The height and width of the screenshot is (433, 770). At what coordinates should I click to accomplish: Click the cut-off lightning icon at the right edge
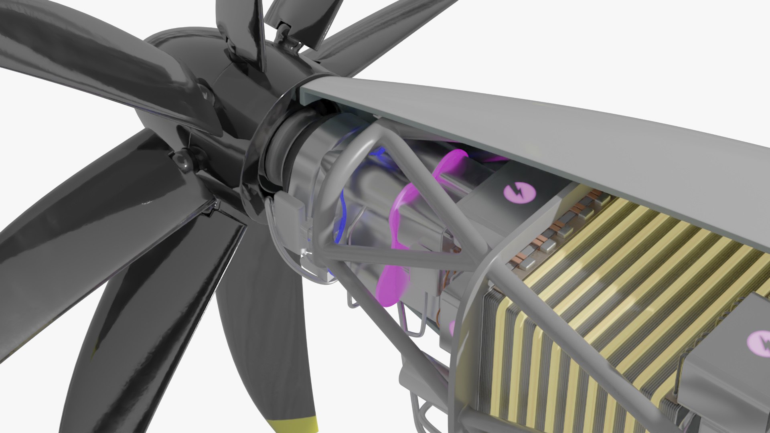pyautogui.click(x=760, y=341)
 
